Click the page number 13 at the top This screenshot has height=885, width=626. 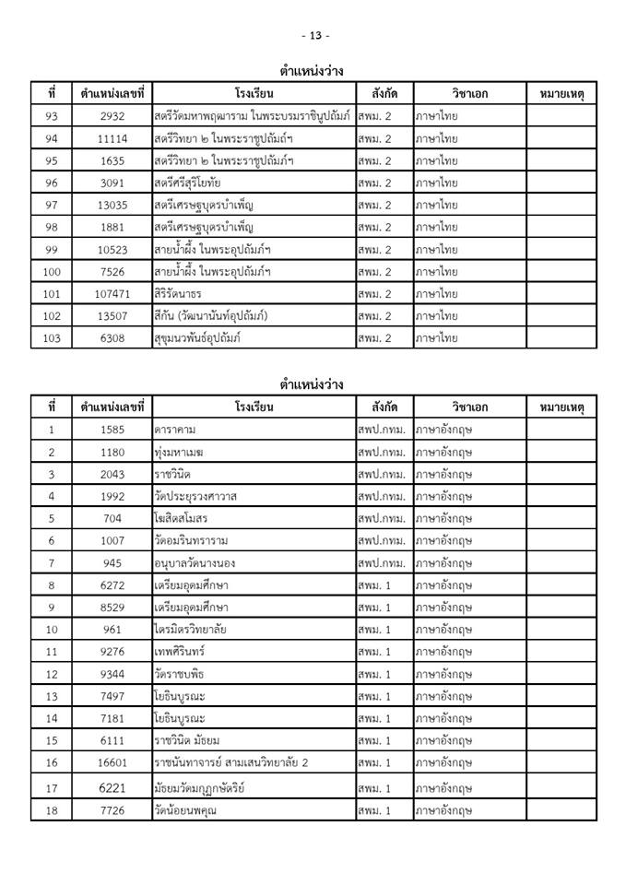(314, 35)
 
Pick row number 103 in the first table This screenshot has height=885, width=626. (52, 338)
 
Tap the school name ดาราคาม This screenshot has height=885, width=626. (175, 430)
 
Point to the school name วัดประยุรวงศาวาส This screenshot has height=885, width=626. (196, 496)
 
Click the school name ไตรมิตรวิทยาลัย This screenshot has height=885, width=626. (193, 629)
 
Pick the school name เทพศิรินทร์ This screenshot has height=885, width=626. (183, 651)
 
